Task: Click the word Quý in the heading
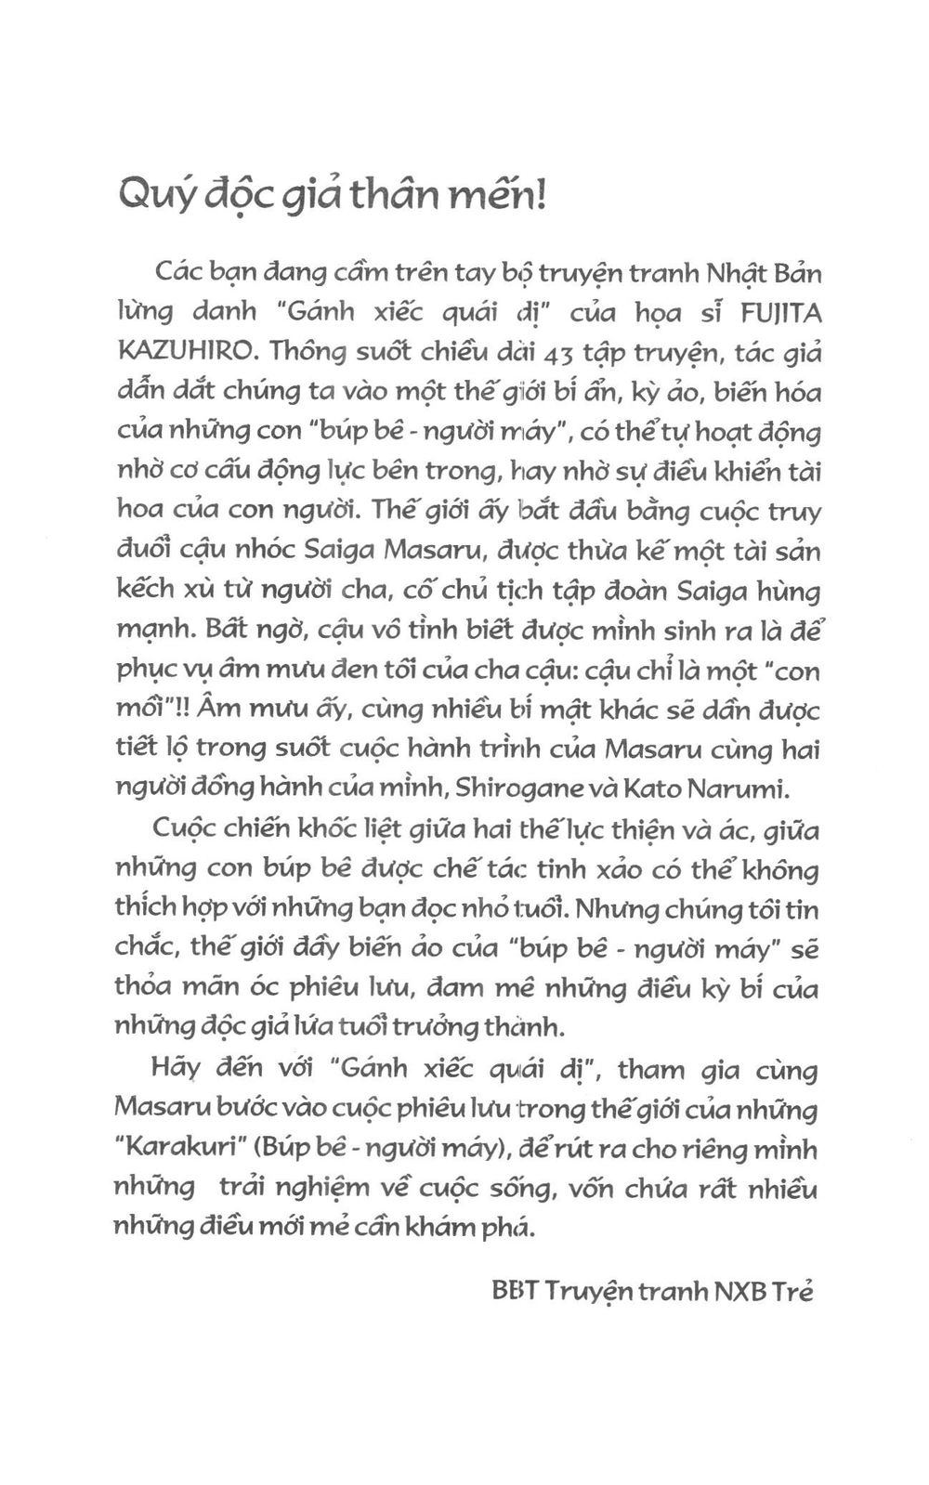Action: tap(151, 196)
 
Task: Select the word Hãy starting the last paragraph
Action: tap(176, 1070)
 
